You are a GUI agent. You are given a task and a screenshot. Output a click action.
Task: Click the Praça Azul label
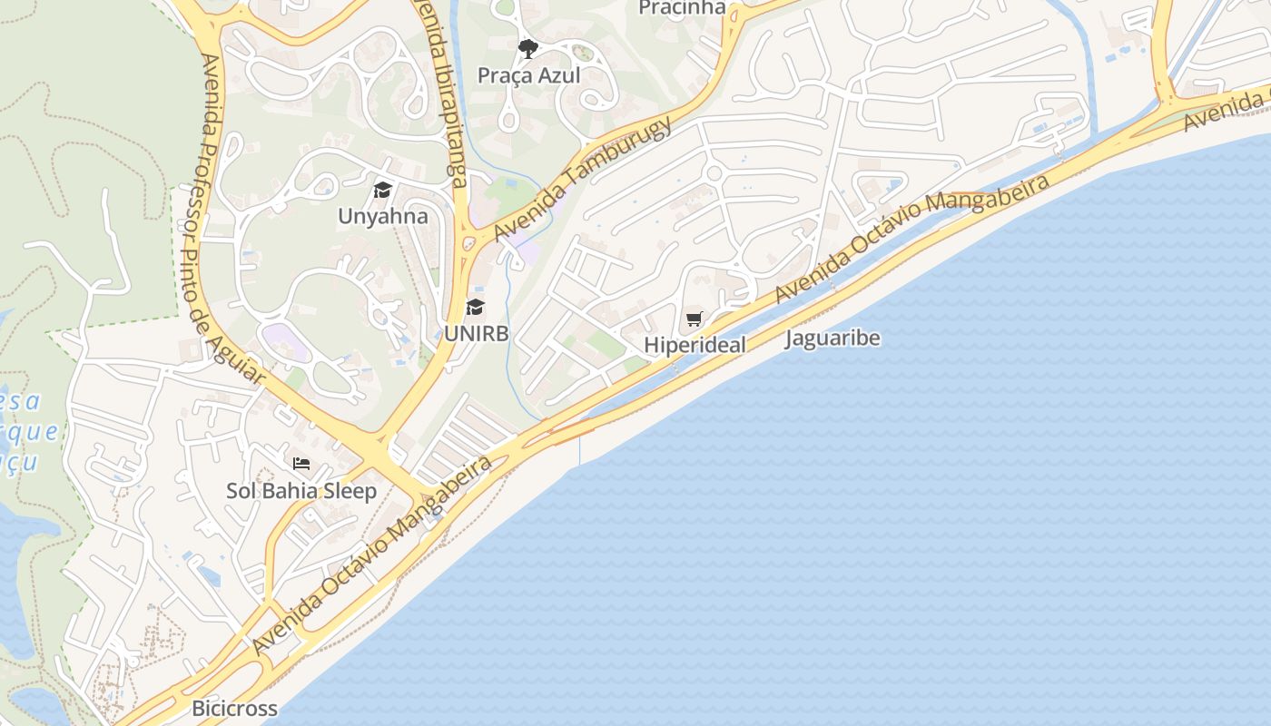(528, 75)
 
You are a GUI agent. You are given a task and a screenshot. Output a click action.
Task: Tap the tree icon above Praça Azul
(527, 48)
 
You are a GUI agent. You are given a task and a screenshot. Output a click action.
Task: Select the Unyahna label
(382, 217)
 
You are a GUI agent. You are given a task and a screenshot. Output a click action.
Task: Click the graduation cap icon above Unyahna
(382, 191)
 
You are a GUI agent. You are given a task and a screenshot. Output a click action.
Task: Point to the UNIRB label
(476, 333)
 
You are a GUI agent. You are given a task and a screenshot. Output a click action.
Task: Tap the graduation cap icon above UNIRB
(475, 307)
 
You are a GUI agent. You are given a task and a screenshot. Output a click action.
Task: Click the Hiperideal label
(695, 345)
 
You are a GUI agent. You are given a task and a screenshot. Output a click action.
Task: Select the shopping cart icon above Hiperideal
(695, 319)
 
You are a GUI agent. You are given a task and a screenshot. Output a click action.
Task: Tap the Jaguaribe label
(833, 338)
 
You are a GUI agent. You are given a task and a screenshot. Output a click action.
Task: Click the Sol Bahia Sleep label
(301, 491)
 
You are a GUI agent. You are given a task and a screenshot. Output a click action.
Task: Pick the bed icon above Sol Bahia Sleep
(301, 464)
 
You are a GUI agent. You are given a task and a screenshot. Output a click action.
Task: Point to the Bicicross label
(234, 708)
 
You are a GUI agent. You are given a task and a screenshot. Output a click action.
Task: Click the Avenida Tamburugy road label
(583, 178)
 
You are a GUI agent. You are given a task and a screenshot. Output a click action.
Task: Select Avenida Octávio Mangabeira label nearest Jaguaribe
(911, 238)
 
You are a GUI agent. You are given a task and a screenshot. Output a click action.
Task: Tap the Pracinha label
(682, 8)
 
